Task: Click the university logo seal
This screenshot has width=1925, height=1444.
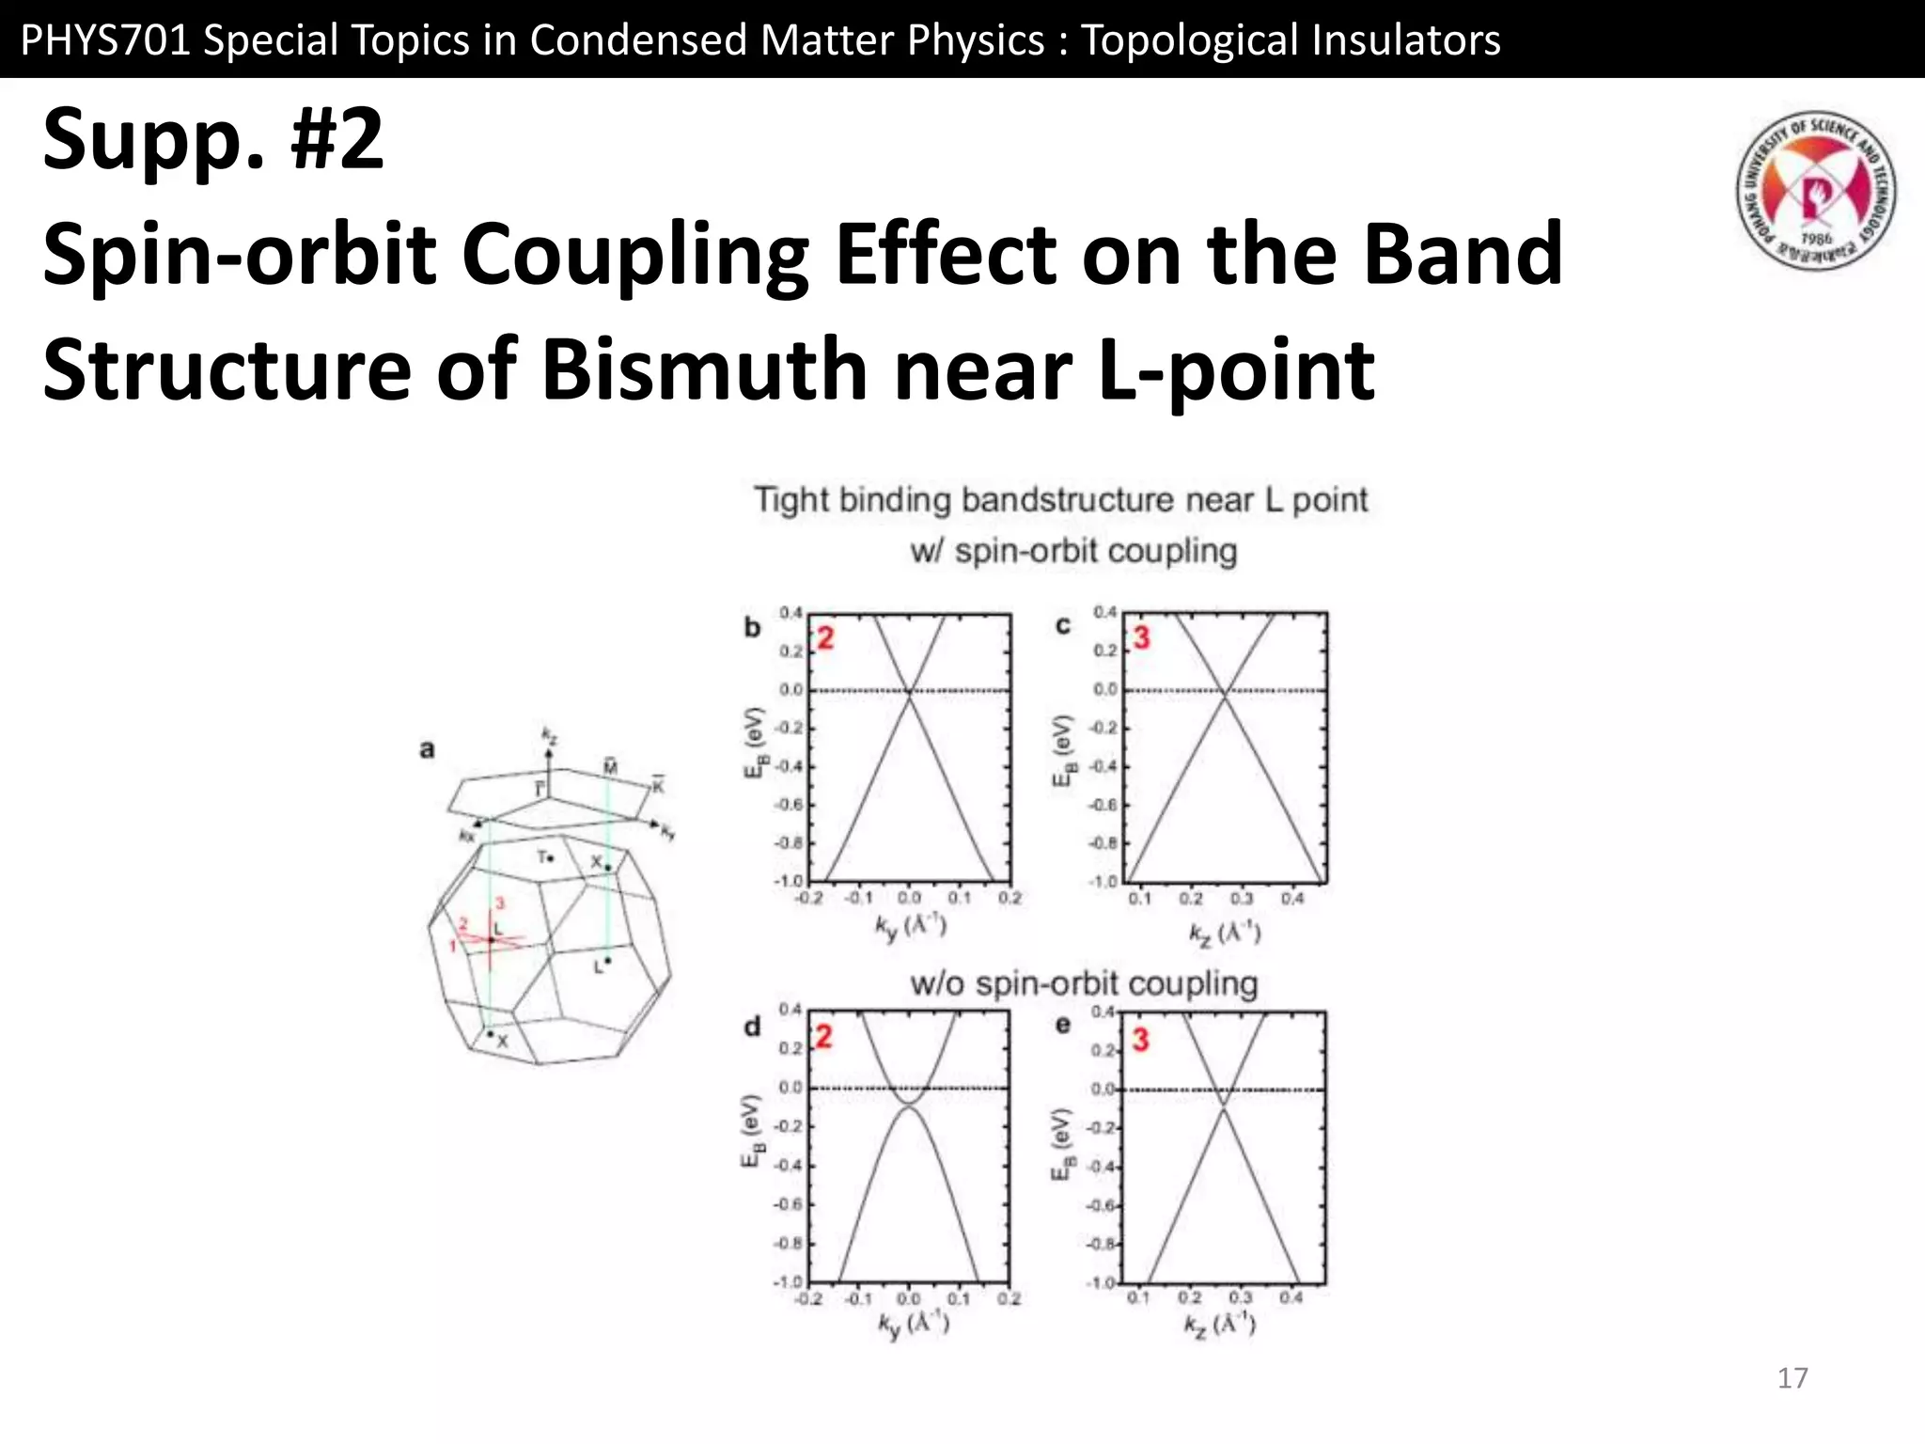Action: [x=1815, y=191]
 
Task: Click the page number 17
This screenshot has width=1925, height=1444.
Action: [x=1792, y=1378]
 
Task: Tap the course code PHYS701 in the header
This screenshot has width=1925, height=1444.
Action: [x=103, y=39]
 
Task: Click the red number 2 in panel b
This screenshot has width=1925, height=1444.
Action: [x=825, y=638]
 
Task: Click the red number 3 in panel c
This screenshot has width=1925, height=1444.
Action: [x=1141, y=638]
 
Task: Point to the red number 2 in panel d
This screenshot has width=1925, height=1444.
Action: [x=824, y=1037]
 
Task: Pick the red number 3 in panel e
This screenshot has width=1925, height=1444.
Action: [x=1140, y=1040]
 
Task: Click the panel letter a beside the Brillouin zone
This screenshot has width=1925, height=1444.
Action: [x=428, y=749]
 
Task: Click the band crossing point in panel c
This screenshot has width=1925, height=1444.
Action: [x=1224, y=694]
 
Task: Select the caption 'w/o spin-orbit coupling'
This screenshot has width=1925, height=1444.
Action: [x=1083, y=983]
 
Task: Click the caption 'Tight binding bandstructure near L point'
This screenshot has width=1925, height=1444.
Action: [x=1060, y=499]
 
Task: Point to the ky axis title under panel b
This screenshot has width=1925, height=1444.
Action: [x=910, y=927]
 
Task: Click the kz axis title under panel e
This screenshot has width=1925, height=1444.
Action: [x=1220, y=1326]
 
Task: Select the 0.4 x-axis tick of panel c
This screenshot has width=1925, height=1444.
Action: [x=1292, y=899]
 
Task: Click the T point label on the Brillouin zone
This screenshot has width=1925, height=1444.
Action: [x=544, y=857]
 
